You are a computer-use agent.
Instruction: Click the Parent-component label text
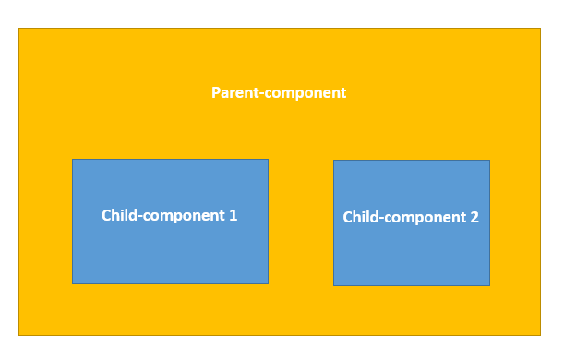tap(279, 93)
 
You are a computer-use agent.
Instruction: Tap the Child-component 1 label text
tap(170, 215)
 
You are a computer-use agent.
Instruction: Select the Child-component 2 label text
tap(411, 218)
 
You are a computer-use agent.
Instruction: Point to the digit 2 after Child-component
tap(474, 218)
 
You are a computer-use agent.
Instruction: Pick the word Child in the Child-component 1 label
tap(119, 215)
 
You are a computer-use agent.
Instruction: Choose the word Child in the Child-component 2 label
tap(361, 218)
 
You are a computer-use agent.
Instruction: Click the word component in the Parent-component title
tap(304, 94)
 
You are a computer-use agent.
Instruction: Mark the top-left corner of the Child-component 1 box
tap(73, 160)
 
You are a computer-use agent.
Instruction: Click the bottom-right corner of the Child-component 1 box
tap(268, 282)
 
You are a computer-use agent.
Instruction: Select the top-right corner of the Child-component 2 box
tap(489, 161)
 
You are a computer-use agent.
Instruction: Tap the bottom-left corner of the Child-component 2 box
tap(334, 284)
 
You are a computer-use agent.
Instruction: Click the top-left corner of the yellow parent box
tap(19, 29)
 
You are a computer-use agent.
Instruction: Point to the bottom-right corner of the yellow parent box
tap(539, 334)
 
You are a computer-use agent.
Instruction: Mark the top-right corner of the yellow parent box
tap(539, 29)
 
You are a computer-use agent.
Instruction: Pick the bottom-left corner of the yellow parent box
tap(19, 334)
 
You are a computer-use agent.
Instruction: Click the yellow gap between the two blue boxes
tap(301, 222)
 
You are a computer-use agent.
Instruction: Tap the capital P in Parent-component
tap(216, 93)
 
